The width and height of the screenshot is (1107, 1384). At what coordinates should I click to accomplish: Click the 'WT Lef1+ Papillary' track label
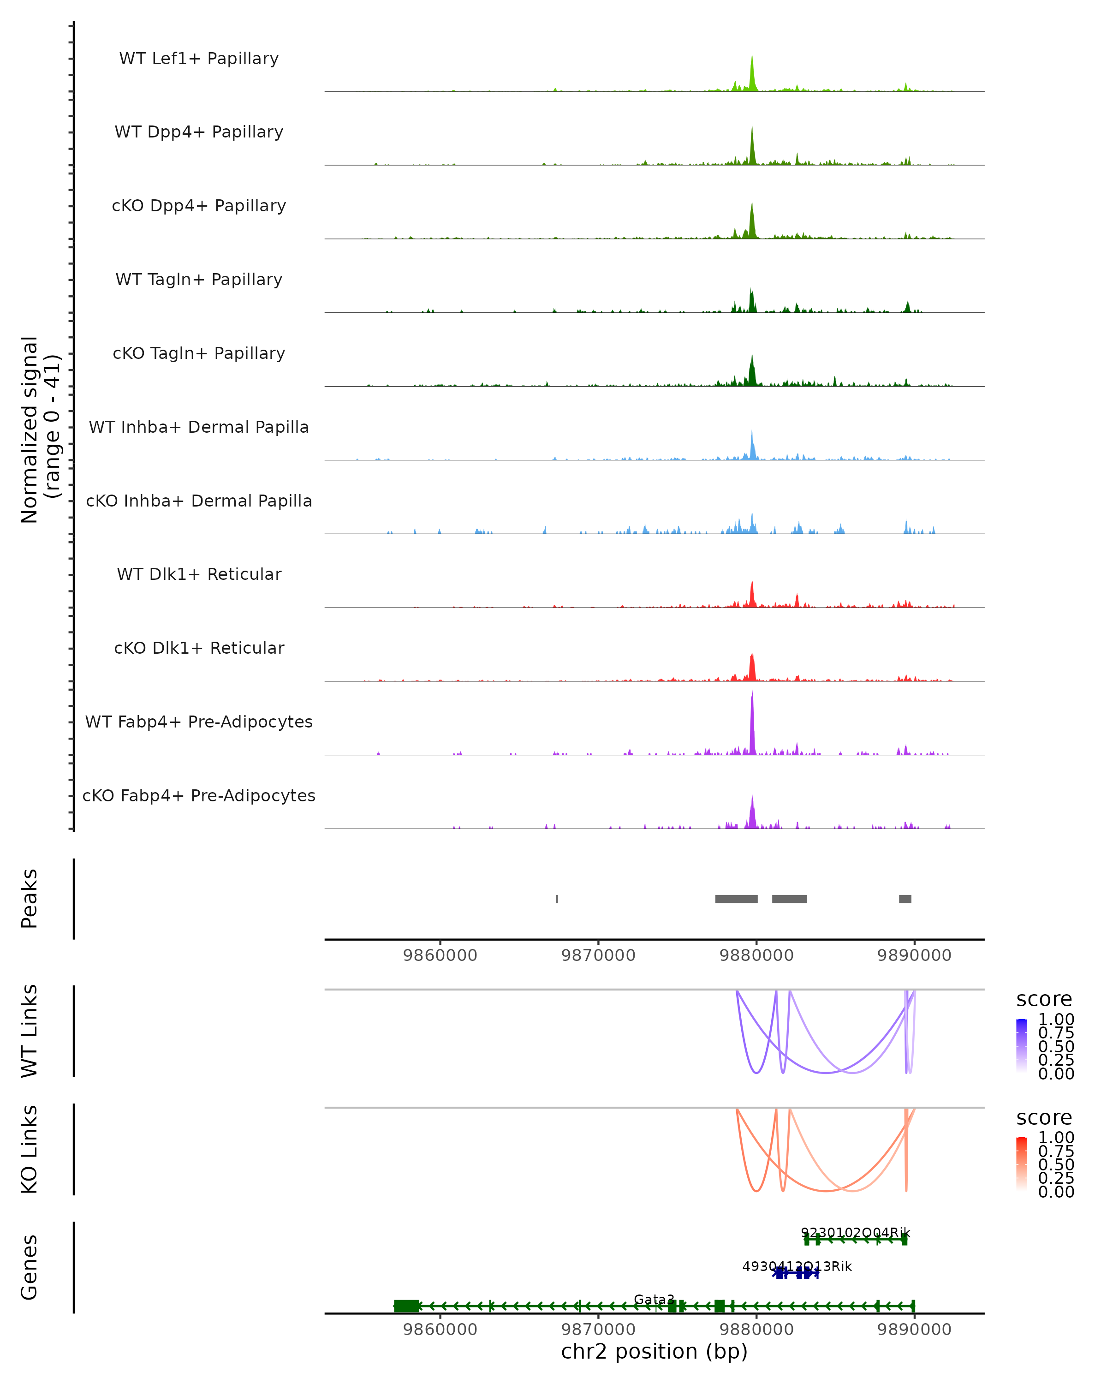(x=199, y=59)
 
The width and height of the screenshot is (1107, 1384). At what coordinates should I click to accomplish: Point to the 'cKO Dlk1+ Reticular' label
(x=199, y=648)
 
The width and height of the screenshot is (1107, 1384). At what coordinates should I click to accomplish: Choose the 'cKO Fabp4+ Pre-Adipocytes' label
(x=199, y=795)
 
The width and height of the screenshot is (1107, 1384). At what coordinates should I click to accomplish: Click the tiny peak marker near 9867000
(x=557, y=899)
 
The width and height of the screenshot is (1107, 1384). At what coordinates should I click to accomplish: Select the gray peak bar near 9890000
(x=905, y=899)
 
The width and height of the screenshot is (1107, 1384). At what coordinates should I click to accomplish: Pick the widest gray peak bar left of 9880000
(x=736, y=899)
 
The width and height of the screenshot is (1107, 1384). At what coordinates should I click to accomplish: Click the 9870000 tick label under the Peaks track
(x=598, y=955)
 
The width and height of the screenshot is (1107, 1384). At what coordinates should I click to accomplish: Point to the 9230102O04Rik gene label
(x=856, y=1233)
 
